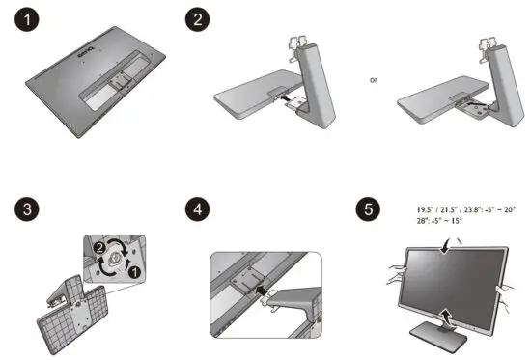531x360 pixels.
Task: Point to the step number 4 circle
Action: click(198, 208)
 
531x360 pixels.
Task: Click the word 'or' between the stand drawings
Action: click(374, 79)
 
